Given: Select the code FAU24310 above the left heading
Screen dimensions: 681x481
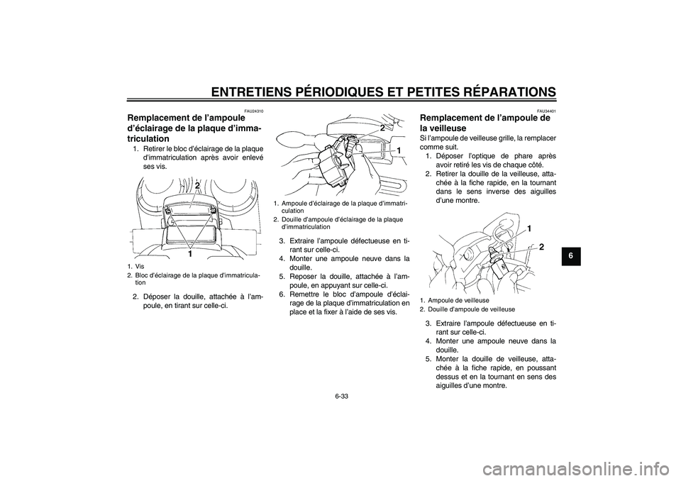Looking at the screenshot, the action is coord(255,111).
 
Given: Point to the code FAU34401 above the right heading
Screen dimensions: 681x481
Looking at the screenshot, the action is coord(547,111).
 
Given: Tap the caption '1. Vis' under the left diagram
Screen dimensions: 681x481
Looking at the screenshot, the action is coord(133,266).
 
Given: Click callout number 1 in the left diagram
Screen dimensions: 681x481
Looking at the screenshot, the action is coord(190,254).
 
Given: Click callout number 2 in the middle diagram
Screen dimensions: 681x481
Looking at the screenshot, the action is coord(382,128).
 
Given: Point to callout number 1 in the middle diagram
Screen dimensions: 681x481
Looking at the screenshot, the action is coord(397,150).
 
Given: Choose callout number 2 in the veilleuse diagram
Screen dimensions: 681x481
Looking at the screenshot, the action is coord(541,247).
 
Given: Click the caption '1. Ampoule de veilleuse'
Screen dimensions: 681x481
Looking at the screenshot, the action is coord(455,300).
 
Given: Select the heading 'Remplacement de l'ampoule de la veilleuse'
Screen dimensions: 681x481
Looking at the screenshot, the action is coord(485,123).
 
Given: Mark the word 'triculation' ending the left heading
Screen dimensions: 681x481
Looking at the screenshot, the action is coord(148,139).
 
